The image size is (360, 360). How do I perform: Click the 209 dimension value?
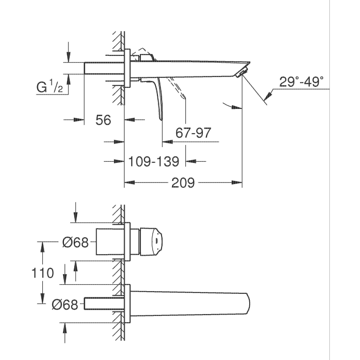183,183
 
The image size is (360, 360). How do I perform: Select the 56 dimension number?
103,120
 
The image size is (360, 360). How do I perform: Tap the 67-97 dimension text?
193,133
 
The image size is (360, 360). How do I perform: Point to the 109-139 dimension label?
153,162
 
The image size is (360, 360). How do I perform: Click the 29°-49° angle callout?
301,81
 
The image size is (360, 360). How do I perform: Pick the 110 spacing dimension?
42,273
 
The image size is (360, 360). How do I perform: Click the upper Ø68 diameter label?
75,242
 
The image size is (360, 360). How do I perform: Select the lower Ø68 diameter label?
65,305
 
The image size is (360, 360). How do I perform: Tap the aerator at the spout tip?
241,72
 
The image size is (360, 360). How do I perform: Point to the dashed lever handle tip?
184,97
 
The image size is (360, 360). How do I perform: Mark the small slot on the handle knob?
156,241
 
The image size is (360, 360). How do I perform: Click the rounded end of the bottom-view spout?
248,303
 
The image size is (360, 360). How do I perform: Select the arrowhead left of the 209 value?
130,183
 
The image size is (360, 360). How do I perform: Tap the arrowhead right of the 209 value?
237,183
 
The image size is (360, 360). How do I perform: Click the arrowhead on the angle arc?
237,107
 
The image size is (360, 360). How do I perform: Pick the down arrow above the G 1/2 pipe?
68,57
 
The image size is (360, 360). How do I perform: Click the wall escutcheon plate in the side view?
127,68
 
